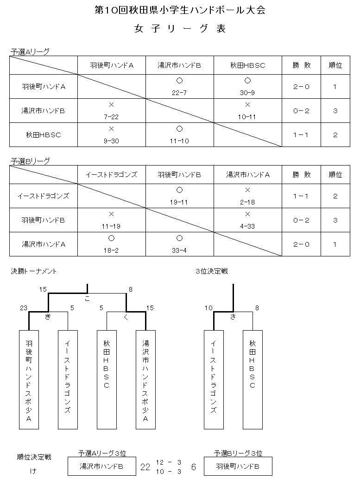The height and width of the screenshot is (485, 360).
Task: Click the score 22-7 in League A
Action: click(x=179, y=93)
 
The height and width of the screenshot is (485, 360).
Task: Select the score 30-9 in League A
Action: click(x=247, y=93)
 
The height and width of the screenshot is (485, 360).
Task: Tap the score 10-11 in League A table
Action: click(x=247, y=117)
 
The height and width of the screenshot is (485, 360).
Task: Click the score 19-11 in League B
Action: click(x=179, y=202)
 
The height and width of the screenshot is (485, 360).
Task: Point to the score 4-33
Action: click(x=247, y=226)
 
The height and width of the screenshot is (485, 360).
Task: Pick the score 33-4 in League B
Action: click(x=179, y=250)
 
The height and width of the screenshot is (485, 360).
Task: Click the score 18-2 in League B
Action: click(x=111, y=250)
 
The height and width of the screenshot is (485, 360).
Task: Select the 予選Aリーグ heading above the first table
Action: click(x=30, y=52)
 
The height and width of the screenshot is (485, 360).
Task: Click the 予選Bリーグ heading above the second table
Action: click(x=30, y=161)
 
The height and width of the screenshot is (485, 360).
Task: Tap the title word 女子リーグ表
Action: click(x=180, y=29)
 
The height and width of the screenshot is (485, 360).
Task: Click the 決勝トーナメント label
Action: click(x=34, y=271)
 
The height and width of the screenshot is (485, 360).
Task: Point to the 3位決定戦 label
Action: click(x=212, y=271)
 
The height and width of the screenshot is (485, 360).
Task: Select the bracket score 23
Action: click(x=24, y=308)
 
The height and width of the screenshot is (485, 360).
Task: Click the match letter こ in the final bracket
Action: click(x=88, y=299)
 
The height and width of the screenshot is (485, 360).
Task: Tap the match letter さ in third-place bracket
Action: click(x=233, y=316)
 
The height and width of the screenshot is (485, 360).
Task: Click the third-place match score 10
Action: click(x=208, y=308)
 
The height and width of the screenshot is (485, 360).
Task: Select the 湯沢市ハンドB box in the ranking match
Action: click(x=102, y=466)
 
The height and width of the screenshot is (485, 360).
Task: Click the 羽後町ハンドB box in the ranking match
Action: click(x=238, y=466)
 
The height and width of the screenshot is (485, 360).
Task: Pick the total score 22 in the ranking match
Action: click(x=145, y=467)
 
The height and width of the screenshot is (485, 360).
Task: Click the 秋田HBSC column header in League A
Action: click(x=247, y=65)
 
